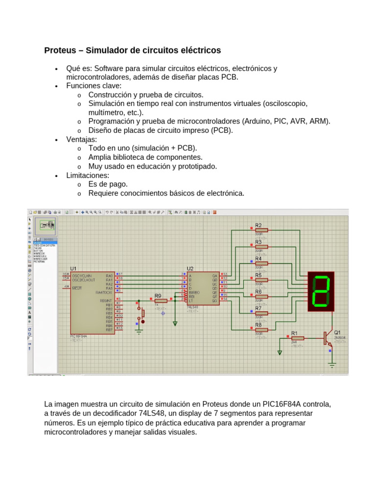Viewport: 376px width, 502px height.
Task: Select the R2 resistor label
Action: pos(258,225)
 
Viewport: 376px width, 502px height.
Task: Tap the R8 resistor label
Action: pos(258,325)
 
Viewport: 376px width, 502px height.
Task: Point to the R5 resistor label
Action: pos(258,275)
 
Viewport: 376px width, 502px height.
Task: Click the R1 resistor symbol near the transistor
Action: pos(298,338)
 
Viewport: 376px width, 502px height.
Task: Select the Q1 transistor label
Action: pos(338,332)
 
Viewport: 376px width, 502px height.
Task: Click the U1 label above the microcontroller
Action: pos(73,269)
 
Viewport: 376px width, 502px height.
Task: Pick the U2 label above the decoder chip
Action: pos(190,269)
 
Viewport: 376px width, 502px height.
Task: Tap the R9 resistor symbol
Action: pos(161,301)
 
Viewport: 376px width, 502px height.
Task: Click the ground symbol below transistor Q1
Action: pos(332,364)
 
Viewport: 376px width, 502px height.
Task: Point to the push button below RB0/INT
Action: pos(142,314)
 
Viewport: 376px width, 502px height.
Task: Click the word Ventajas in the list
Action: pos(81,139)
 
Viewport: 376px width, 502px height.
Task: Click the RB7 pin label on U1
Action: pos(109,329)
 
